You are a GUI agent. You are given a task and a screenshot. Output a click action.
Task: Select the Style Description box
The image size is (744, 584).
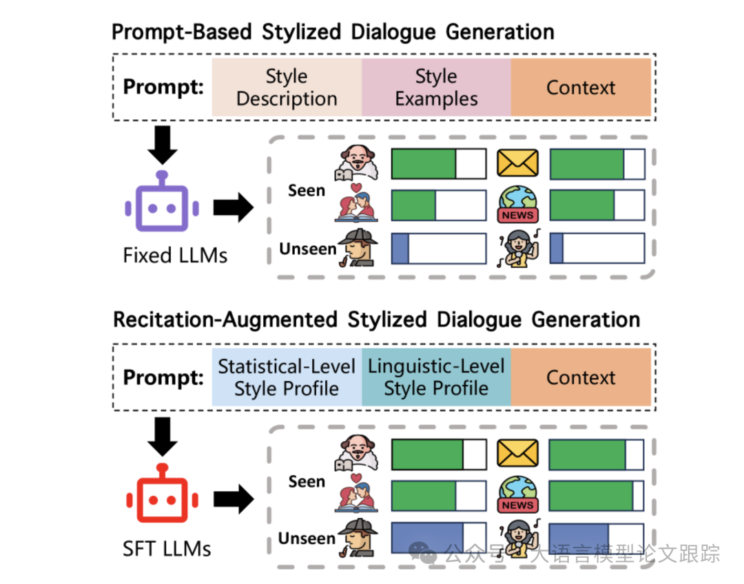click(x=287, y=87)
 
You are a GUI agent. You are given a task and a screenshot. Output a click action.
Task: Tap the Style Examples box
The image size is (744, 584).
click(x=436, y=87)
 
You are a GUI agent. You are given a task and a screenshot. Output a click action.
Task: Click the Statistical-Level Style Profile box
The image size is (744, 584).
click(x=287, y=377)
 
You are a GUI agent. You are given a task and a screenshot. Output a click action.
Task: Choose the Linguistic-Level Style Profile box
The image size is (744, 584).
click(x=436, y=377)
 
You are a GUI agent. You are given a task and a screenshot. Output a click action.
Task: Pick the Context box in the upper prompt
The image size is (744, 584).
click(x=581, y=87)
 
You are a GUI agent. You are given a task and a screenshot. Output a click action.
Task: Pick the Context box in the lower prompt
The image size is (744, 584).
click(x=581, y=377)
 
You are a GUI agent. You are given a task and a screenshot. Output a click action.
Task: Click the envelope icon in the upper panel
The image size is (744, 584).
click(x=517, y=163)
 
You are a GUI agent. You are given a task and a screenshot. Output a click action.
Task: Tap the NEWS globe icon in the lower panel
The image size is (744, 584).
click(x=517, y=494)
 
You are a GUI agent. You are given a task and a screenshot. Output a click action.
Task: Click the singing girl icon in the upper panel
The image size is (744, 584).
click(x=518, y=248)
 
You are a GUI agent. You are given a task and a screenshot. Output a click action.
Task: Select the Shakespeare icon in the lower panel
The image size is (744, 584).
click(x=356, y=453)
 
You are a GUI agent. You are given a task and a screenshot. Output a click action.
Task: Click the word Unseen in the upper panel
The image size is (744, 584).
click(x=307, y=249)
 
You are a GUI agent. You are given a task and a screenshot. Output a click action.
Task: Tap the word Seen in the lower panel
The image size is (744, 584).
click(x=307, y=481)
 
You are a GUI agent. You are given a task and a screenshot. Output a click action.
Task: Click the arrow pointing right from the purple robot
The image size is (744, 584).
click(x=234, y=207)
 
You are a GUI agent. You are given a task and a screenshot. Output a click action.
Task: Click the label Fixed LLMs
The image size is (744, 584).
click(x=175, y=255)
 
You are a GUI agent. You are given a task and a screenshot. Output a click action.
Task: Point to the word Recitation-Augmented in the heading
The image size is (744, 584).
click(x=225, y=320)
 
